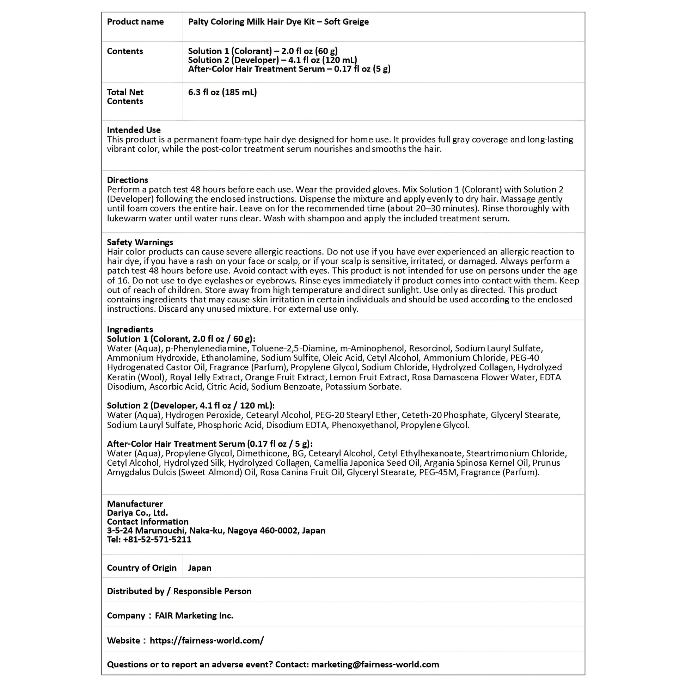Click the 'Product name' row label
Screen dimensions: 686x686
pyautogui.click(x=135, y=22)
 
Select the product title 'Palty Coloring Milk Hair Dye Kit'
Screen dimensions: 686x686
pyautogui.click(x=254, y=22)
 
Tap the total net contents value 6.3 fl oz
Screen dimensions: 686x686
pyautogui.click(x=222, y=92)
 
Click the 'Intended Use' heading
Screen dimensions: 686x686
pyautogui.click(x=134, y=130)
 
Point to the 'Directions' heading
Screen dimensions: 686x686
pyautogui.click(x=128, y=180)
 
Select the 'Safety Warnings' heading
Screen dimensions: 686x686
pyautogui.click(x=140, y=242)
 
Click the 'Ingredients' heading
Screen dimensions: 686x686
pyautogui.click(x=130, y=330)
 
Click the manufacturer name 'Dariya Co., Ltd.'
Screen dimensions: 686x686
pyautogui.click(x=137, y=513)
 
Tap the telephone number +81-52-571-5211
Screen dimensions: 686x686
pyautogui.click(x=157, y=539)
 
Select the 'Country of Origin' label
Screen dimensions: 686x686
pyautogui.click(x=142, y=568)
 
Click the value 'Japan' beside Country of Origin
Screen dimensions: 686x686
pyautogui.click(x=200, y=568)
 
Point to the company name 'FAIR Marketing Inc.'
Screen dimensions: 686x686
pyautogui.click(x=194, y=616)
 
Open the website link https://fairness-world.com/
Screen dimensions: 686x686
pyautogui.click(x=207, y=641)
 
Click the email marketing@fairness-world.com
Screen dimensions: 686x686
pyautogui.click(x=375, y=664)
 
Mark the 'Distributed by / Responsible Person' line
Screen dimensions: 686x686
pyautogui.click(x=179, y=591)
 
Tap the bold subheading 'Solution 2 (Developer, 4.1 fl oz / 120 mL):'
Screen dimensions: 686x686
pyautogui.click(x=191, y=405)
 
